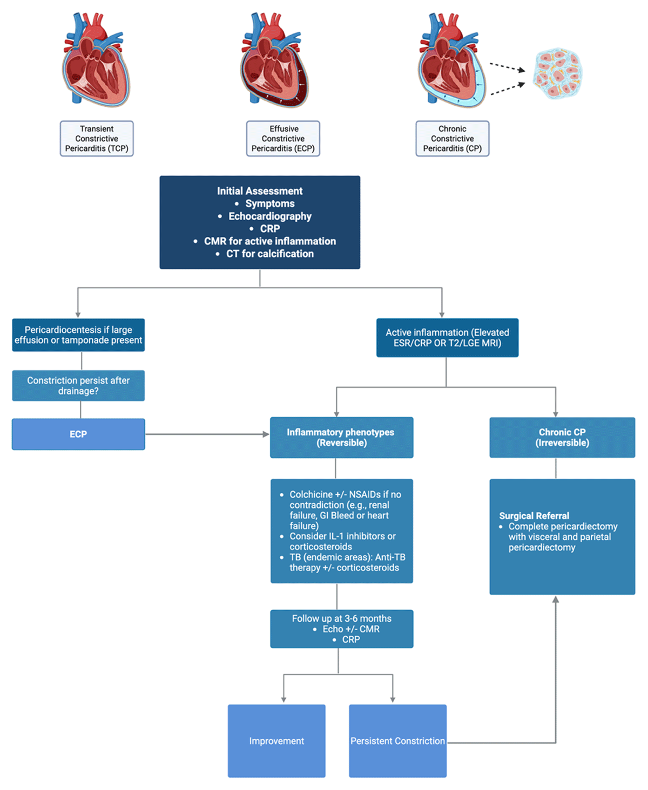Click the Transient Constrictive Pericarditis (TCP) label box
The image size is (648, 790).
pos(97,139)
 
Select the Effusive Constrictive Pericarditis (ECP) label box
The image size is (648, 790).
pos(283,139)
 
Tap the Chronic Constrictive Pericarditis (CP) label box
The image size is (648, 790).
pos(453,139)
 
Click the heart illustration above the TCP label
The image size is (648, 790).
pos(96,59)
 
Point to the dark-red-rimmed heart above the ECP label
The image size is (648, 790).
pos(274,59)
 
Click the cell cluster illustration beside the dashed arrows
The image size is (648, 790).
pos(558,73)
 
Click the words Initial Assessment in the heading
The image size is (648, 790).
pos(260,191)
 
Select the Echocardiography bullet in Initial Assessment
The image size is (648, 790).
pos(270,216)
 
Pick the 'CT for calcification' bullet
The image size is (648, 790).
pos(270,254)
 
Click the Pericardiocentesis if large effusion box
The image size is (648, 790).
pos(78,335)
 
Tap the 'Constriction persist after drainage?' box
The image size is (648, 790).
pos(78,385)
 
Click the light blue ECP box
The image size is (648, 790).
pos(78,434)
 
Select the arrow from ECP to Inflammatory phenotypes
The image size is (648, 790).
pos(207,434)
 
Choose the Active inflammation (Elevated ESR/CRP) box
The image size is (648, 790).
pos(448,337)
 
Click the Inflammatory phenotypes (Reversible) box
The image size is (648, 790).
pos(342,438)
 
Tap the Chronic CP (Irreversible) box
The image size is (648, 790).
pos(562,438)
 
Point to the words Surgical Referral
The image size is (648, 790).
pos(534,516)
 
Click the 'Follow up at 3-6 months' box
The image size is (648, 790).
pos(342,629)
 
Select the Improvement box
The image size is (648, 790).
pos(276,741)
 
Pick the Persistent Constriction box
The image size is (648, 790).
pos(397,741)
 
